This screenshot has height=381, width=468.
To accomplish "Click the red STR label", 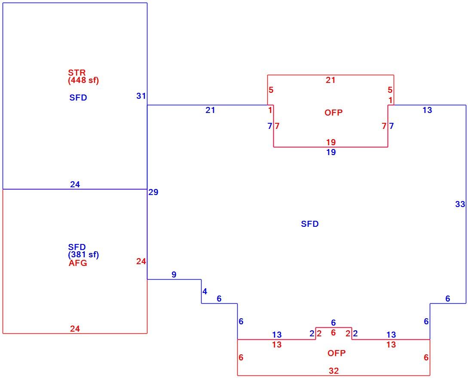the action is click(x=76, y=73).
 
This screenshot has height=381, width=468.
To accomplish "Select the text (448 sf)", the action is click(x=83, y=80).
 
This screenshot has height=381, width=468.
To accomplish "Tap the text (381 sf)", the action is click(x=83, y=255).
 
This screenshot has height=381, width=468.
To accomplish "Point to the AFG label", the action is click(x=78, y=263).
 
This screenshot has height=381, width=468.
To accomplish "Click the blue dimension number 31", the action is click(x=141, y=96).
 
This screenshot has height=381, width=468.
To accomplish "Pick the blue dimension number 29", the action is click(x=153, y=192).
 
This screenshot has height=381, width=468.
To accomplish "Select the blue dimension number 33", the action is click(x=460, y=204).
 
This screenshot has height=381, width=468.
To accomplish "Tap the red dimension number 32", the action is click(x=333, y=371).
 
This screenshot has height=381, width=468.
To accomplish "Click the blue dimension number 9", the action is click(x=174, y=274).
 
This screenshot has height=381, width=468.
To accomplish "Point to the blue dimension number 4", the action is click(x=205, y=292).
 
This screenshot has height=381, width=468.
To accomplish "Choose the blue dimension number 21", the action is click(x=210, y=110).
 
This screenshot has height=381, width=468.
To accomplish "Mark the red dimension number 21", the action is click(x=330, y=80).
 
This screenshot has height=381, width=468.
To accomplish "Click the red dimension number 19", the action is click(x=331, y=142).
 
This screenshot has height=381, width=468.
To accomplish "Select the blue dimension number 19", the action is click(x=331, y=152).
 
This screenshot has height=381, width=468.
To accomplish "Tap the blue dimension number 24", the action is click(x=75, y=184).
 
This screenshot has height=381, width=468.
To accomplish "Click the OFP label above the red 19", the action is click(x=333, y=113).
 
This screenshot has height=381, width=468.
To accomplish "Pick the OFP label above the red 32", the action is click(x=336, y=353).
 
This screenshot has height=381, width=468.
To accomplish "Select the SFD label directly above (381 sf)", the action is click(x=76, y=247).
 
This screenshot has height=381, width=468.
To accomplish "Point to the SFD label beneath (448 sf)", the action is click(x=78, y=98).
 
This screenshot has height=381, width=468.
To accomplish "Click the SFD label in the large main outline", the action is click(x=309, y=224).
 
